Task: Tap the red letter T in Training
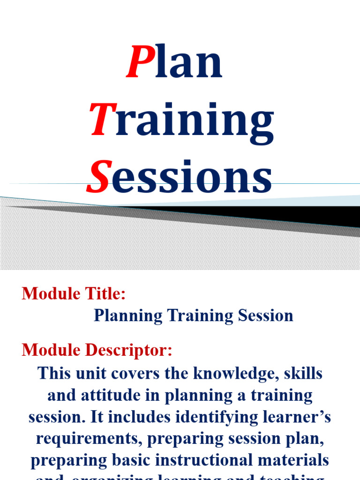(x=103, y=120)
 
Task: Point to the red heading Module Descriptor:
(x=97, y=350)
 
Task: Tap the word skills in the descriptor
(x=302, y=374)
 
